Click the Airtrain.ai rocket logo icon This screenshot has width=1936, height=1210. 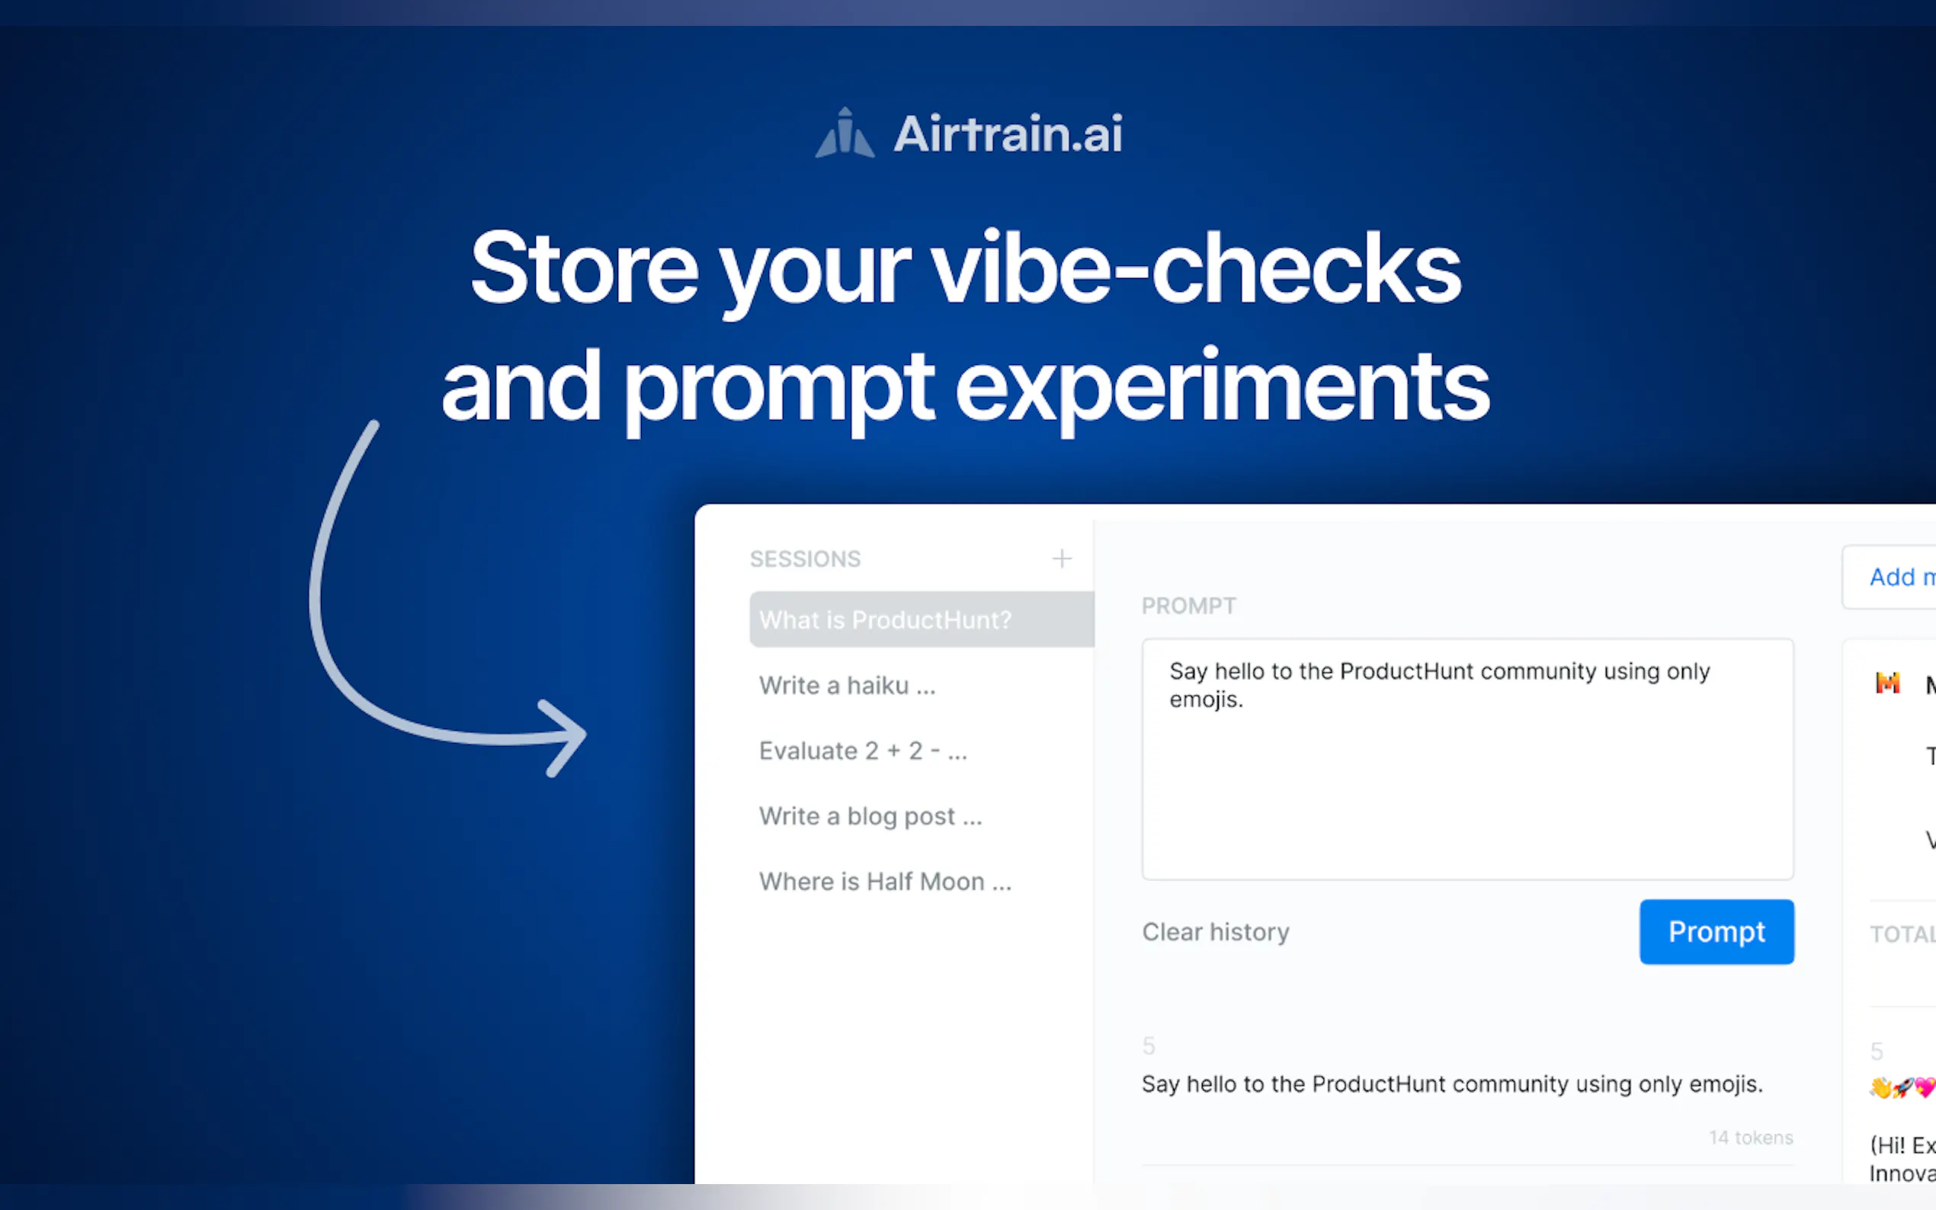pos(845,133)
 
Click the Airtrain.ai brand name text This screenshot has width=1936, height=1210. pos(1008,133)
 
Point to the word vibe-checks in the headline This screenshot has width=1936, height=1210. pos(1196,268)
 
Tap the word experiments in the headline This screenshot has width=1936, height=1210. pos(1222,387)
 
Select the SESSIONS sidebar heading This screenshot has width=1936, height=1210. pos(805,559)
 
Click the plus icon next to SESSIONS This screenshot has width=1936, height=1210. pos(1061,559)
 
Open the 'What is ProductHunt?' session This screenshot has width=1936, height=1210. pos(885,620)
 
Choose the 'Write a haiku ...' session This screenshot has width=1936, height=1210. pos(847,686)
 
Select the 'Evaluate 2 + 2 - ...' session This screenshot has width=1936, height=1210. pos(863,751)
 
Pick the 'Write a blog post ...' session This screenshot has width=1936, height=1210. pos(870,816)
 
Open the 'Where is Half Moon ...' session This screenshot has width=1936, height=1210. pos(885,882)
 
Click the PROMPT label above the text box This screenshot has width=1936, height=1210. pos(1188,606)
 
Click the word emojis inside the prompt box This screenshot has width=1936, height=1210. pos(1205,700)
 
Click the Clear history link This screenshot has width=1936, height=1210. pos(1216,933)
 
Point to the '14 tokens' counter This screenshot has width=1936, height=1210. pos(1751,1137)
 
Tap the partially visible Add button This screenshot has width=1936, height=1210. pos(1901,577)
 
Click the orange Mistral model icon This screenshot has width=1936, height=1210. pos(1888,683)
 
